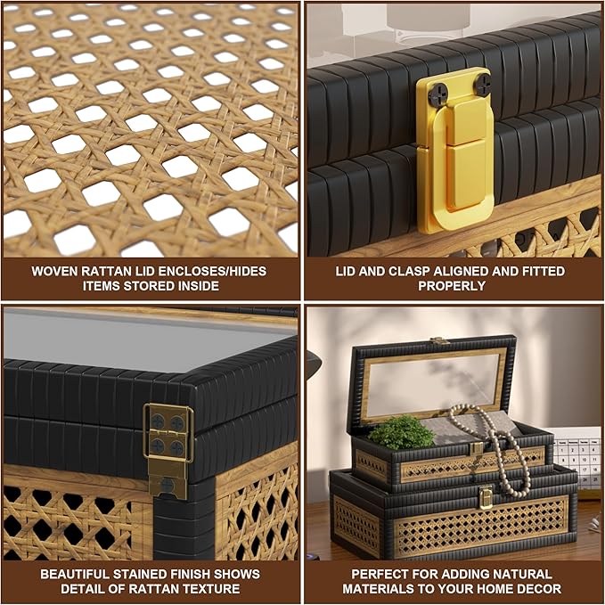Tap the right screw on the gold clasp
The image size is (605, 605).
(x=482, y=82)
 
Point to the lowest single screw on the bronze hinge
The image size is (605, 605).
(x=168, y=485)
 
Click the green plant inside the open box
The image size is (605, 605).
(x=401, y=432)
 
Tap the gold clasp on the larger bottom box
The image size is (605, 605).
(x=486, y=497)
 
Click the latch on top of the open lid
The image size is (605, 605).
(x=441, y=340)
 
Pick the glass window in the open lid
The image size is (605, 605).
(x=432, y=384)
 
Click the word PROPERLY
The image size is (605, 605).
(x=452, y=286)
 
